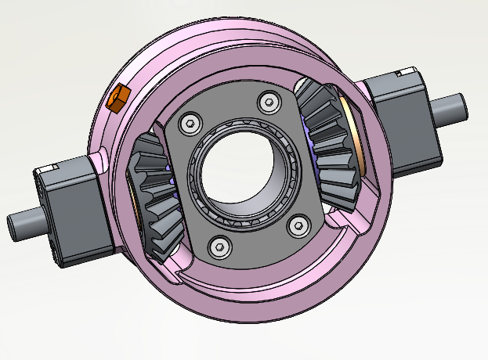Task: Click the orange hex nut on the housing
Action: (118, 99)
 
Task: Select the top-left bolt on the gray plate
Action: (189, 122)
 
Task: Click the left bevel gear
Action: (153, 196)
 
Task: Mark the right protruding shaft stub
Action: (454, 107)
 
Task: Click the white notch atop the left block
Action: (46, 168)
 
